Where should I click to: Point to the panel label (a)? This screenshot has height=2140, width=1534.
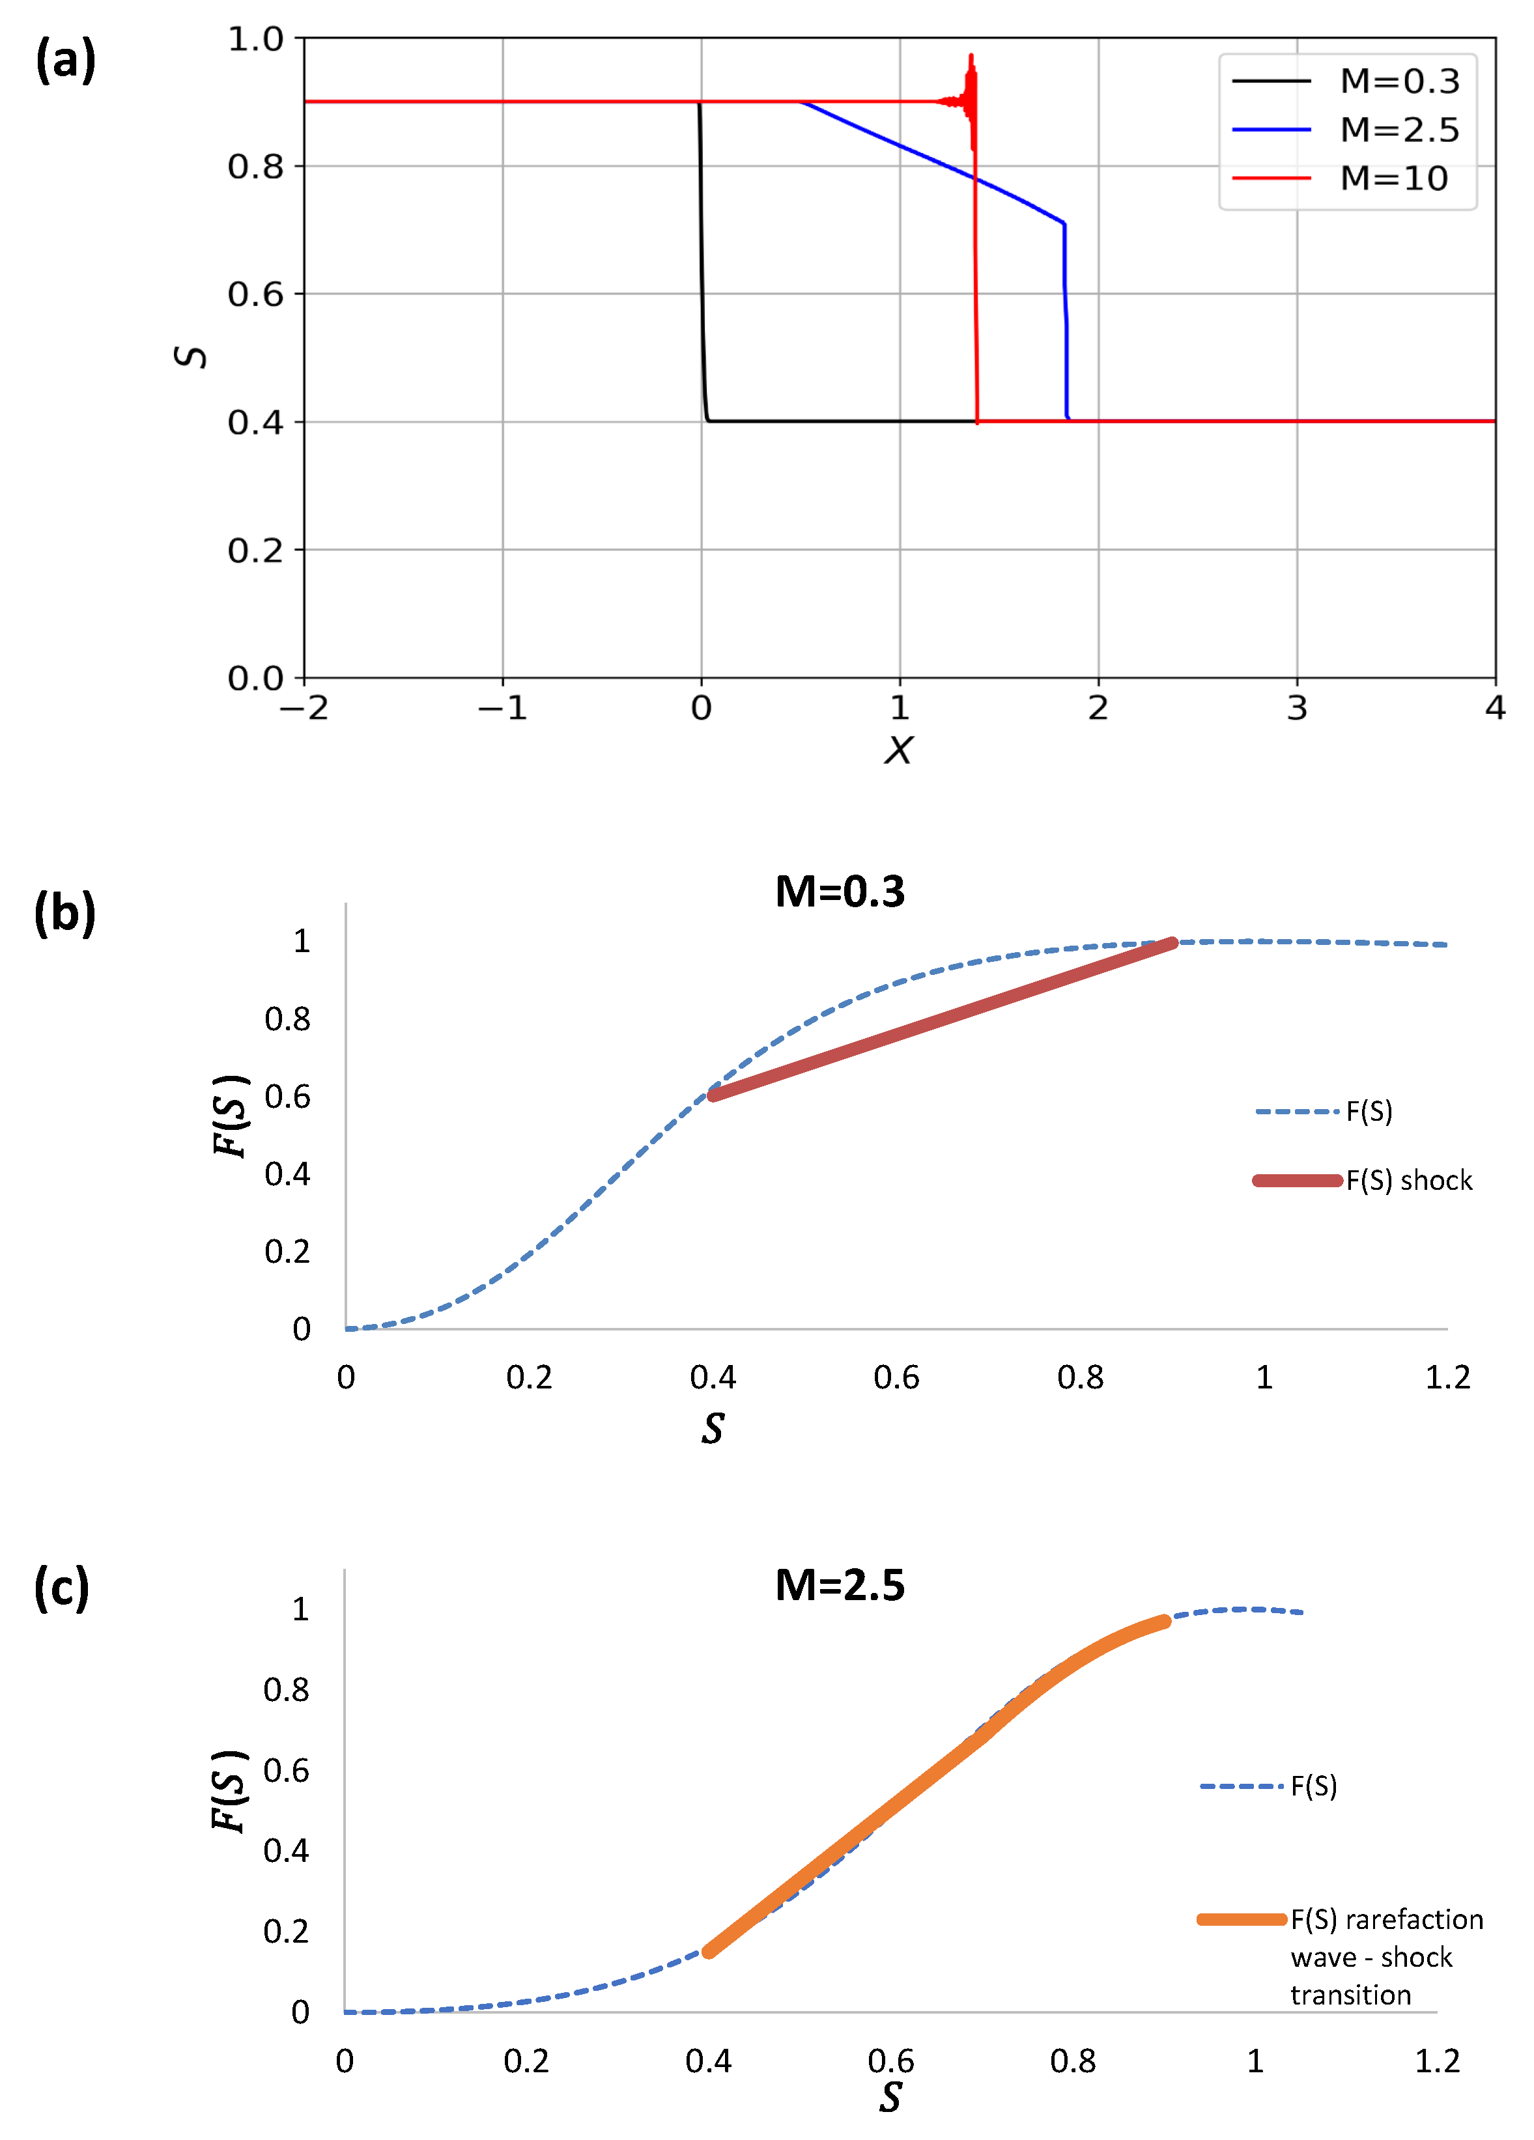click(x=65, y=61)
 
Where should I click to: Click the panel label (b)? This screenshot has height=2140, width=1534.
click(x=64, y=913)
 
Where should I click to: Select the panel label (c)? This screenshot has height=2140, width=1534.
click(x=61, y=1587)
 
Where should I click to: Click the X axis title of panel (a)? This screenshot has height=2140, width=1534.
click(x=898, y=751)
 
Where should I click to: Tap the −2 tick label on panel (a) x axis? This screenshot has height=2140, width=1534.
click(x=304, y=708)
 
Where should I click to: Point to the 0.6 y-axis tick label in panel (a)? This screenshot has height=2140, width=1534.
click(x=255, y=295)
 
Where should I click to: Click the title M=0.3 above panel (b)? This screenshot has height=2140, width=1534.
click(x=839, y=892)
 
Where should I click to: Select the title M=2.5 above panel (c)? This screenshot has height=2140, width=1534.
click(x=839, y=1585)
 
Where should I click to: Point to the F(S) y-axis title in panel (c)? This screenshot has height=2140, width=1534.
click(x=229, y=1791)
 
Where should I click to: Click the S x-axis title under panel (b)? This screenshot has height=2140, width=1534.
click(x=713, y=1429)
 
